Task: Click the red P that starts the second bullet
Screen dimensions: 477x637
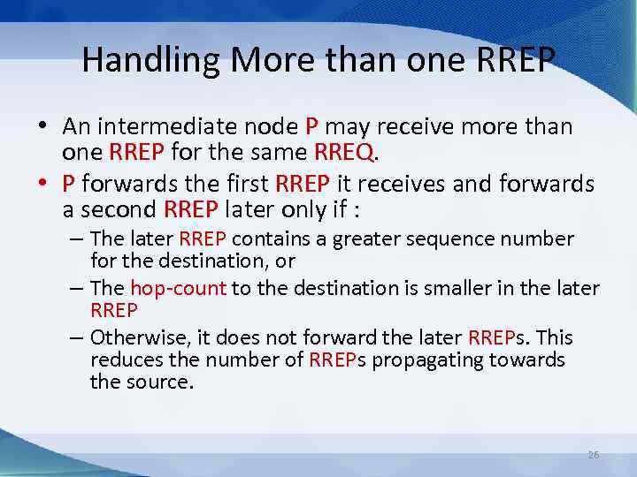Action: tap(68, 185)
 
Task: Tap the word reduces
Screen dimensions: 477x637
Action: tap(123, 360)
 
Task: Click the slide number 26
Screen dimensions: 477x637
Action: tap(594, 455)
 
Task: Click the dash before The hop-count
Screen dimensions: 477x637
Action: tap(76, 289)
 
